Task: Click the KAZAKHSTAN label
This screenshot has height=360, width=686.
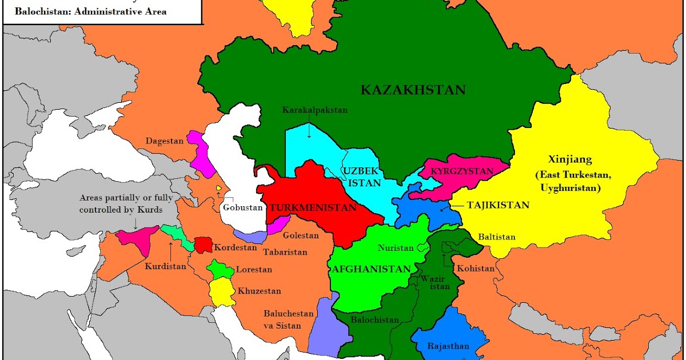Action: pos(413,90)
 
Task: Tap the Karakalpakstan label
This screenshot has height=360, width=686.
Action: pos(314,110)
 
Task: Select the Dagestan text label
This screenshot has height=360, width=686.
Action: pos(164,141)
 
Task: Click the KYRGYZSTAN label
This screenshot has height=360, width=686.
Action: pos(461,171)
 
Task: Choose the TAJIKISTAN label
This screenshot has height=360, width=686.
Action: pos(498,205)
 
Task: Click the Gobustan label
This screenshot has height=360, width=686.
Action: pos(242,207)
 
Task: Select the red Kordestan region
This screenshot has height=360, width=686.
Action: pos(201,245)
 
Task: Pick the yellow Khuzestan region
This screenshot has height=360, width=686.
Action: pos(222,292)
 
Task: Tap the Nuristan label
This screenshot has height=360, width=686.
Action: pos(395,249)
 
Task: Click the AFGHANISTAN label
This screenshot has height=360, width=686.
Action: pos(371,269)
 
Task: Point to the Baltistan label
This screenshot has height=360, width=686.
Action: pos(497,237)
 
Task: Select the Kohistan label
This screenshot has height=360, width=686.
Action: pos(475,269)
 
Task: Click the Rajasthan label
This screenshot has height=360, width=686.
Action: pos(448,346)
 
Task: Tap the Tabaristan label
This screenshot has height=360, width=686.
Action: pos(285,252)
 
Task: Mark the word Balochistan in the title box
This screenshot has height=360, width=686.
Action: pos(38,11)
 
